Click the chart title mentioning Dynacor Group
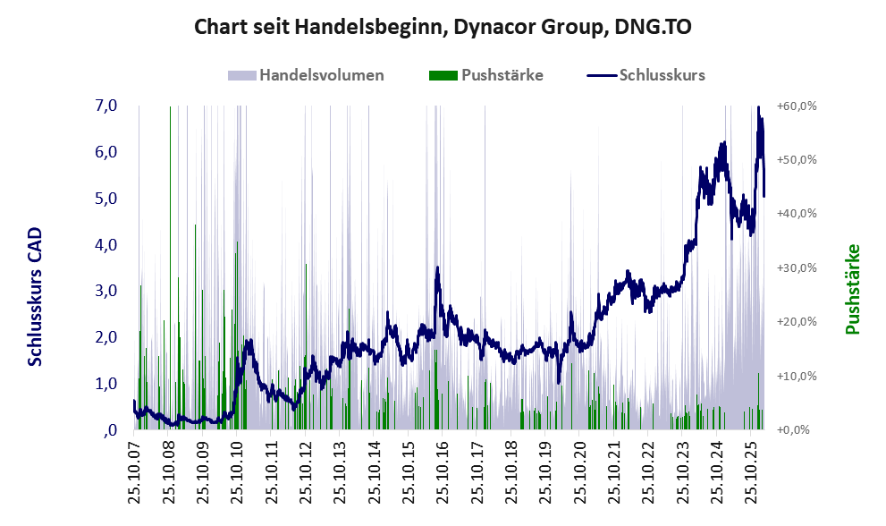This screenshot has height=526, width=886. click(x=443, y=28)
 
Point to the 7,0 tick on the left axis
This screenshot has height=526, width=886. click(x=105, y=106)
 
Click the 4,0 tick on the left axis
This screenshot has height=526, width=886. click(x=105, y=244)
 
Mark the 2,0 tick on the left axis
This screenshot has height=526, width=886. click(x=105, y=337)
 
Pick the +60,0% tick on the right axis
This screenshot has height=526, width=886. click(x=797, y=106)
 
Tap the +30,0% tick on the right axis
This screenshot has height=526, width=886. click(x=797, y=267)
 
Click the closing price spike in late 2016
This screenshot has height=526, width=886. click(x=437, y=268)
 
